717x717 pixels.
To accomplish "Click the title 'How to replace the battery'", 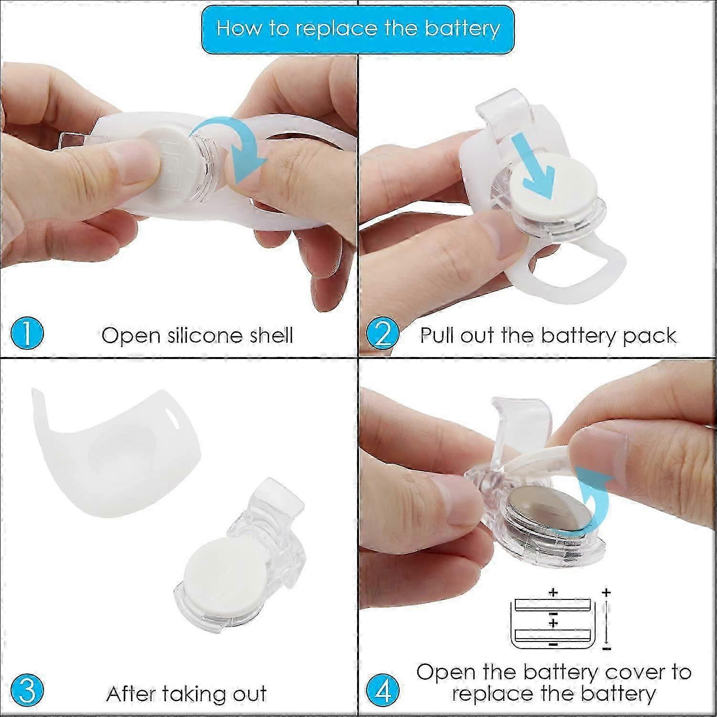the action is pos(358,28).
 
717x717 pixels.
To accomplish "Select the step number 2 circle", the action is pos(383,333).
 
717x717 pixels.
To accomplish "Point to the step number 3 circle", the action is pos(27,691).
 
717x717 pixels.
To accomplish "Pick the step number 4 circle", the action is pos(383,691).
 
